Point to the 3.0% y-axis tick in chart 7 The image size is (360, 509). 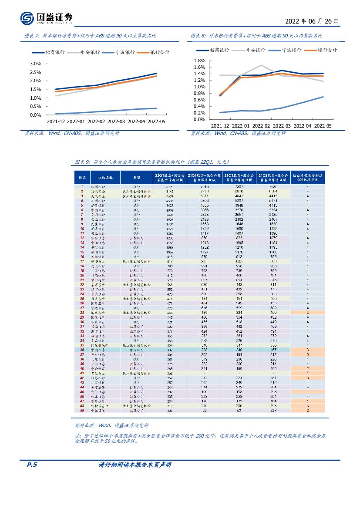35,64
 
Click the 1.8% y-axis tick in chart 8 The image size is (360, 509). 199,61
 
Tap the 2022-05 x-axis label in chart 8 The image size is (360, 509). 323,125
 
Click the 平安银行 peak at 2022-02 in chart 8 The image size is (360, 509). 261,66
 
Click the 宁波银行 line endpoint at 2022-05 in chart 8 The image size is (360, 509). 323,97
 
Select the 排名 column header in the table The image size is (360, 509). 82,178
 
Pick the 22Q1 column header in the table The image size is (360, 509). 170,178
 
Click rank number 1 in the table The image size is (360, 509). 82,187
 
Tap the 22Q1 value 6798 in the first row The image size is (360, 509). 170,187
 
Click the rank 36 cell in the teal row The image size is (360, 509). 82,350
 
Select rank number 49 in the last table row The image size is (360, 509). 82,410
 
